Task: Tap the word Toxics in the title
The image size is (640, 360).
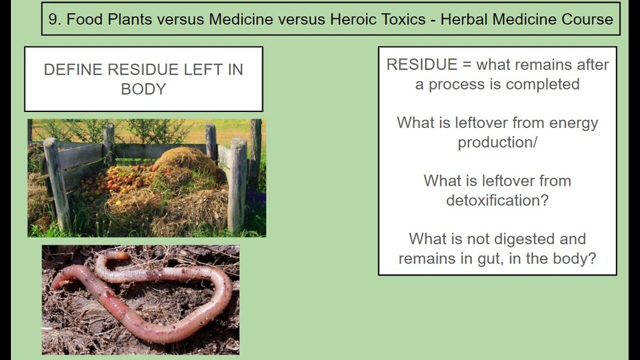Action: click(x=403, y=19)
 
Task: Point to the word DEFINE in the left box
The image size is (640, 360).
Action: click(x=73, y=69)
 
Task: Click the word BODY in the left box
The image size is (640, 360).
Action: click(x=143, y=89)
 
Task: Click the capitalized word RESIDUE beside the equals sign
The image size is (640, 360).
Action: click(x=421, y=64)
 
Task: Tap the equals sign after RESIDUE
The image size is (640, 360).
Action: click(x=466, y=65)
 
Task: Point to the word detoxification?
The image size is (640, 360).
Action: click(x=497, y=200)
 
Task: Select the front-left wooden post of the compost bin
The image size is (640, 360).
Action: click(x=57, y=184)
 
